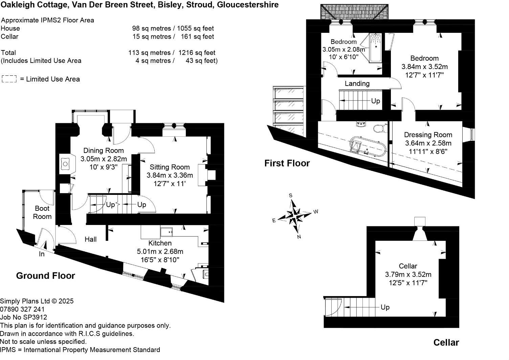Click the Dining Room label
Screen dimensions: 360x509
[104, 151]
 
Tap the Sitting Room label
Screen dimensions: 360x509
[170, 167]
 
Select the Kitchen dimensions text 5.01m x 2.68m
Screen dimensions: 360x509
[160, 251]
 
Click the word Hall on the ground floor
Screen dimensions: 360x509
[91, 240]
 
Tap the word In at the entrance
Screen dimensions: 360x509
[42, 254]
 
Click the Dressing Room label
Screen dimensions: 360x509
[428, 135]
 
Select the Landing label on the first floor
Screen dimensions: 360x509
[357, 84]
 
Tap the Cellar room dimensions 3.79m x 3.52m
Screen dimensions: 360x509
[408, 274]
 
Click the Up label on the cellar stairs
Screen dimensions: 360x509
[385, 307]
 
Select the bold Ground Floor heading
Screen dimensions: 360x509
[45, 276]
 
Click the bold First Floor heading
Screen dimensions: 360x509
[287, 163]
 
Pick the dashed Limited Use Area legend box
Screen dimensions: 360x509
[9, 79]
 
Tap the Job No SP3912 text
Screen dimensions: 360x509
[24, 317]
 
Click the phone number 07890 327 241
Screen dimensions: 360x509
[22, 309]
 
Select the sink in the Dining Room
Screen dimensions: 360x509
[66, 164]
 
